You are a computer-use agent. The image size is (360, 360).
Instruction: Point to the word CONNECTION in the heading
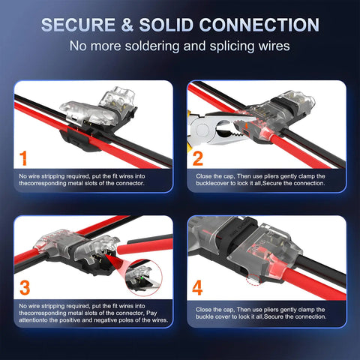[x=259, y=25]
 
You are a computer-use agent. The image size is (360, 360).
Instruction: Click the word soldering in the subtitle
[x=162, y=46]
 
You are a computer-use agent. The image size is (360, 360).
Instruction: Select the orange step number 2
[x=198, y=159]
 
